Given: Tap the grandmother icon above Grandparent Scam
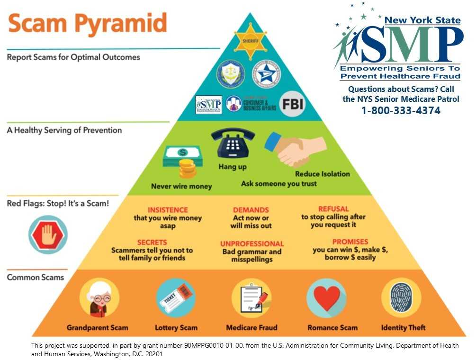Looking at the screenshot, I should tap(99, 297).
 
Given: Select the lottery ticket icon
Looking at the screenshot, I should tap(176, 297).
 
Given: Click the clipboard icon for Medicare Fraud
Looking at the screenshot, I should tap(251, 297).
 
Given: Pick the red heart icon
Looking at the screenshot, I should tap(326, 297).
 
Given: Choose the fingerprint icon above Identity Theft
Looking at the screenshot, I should tap(401, 297).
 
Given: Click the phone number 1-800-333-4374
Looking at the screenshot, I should tap(401, 111).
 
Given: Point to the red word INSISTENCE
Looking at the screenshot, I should tap(168, 210).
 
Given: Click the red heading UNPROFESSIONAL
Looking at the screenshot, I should tap(252, 244).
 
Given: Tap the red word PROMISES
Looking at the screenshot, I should tap(350, 242).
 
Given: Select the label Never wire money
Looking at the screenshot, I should tap(181, 186).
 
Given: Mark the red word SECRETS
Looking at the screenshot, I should tap(152, 242).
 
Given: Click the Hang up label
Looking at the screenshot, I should tap(233, 167).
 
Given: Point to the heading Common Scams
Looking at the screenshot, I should tap(36, 277).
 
